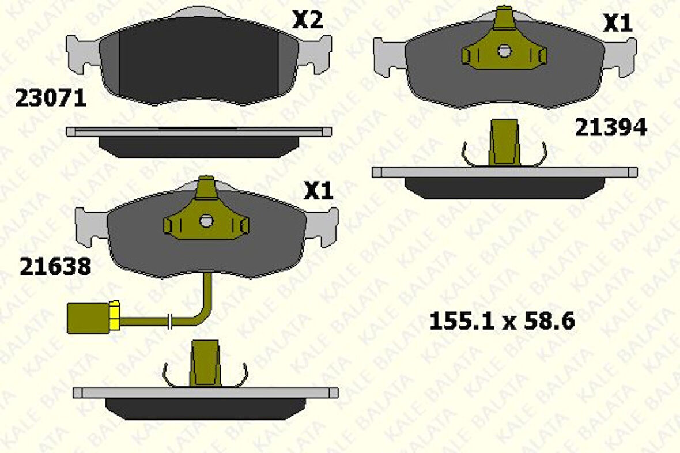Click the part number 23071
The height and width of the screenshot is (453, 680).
(50, 99)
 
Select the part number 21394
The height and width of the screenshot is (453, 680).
(611, 129)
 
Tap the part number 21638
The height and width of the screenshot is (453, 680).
(55, 266)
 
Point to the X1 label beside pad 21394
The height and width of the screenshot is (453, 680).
(617, 24)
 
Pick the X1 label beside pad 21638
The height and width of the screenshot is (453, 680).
(319, 191)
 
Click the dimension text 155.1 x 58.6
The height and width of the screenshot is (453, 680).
(502, 321)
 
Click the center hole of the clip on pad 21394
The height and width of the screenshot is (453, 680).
(505, 51)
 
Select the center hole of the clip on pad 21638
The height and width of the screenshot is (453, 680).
(206, 220)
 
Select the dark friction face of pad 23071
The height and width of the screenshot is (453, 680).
(199, 61)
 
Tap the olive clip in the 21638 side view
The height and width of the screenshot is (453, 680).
(205, 363)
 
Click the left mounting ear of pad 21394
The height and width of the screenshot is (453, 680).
(389, 56)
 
